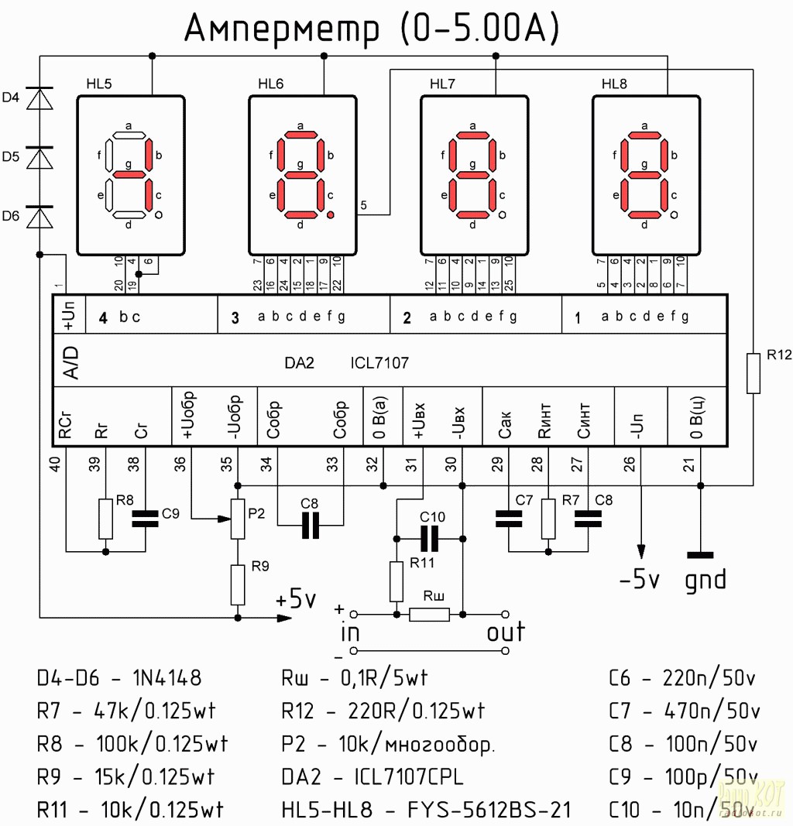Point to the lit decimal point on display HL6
331,214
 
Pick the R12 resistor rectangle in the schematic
754,374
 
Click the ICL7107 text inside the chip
379,362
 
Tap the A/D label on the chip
70,362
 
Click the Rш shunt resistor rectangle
429,615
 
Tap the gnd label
705,579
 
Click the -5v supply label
639,579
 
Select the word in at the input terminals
351,633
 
